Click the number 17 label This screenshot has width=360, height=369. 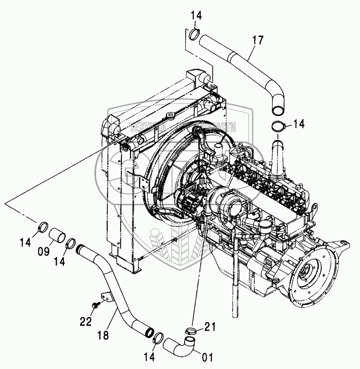point(258,41)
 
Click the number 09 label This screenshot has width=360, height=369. point(44,251)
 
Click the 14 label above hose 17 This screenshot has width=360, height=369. point(196,16)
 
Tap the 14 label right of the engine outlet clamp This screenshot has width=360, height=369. point(298,124)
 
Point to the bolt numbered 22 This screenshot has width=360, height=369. point(96,306)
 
